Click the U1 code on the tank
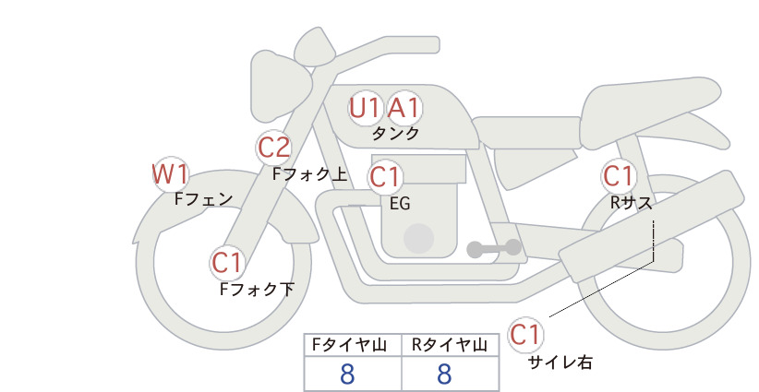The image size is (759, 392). pos(364,108)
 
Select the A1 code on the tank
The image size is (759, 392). pos(404,108)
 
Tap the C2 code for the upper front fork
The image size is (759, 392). pos(274,148)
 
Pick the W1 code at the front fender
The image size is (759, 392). pos(170,174)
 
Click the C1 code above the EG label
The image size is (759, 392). pos(385,177)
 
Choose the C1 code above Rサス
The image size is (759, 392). pos(618,176)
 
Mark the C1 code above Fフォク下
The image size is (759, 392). pos(226,264)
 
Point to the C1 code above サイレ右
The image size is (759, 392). pos(525,335)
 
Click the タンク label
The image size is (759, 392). pos(395,134)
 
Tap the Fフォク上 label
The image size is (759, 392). pos(310,174)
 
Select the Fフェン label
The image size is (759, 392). pos(203,198)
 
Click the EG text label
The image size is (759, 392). pos(400,204)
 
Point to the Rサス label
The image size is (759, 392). pos(631,203)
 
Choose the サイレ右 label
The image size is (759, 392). pos(560,362)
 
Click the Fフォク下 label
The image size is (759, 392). pos(257,289)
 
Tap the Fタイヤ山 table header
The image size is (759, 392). pos(349,345)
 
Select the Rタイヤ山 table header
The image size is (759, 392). pos(449,345)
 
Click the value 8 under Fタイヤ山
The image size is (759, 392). pos(347,374)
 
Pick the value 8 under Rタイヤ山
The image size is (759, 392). pos(444,374)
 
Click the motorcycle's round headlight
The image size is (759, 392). pos(281,87)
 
